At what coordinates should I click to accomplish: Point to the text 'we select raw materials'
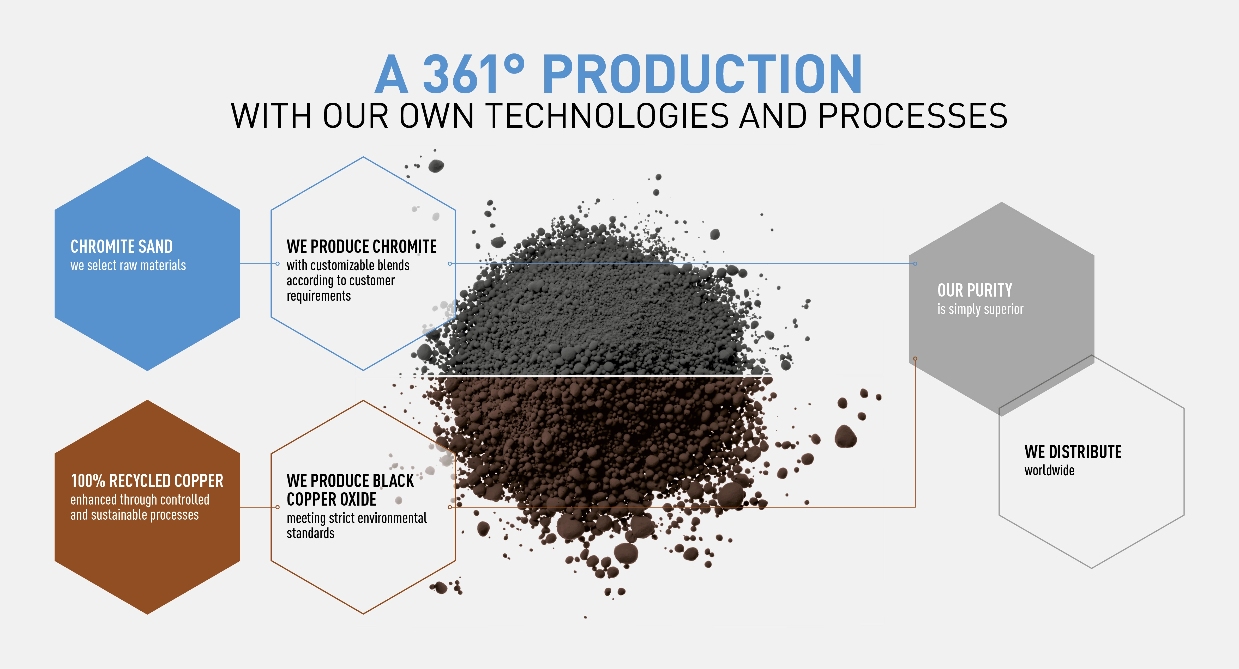tap(128, 265)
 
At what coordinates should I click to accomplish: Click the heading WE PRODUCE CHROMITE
tap(361, 247)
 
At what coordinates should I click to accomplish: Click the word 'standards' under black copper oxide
tap(310, 533)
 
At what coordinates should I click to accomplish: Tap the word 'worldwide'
tap(1049, 470)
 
